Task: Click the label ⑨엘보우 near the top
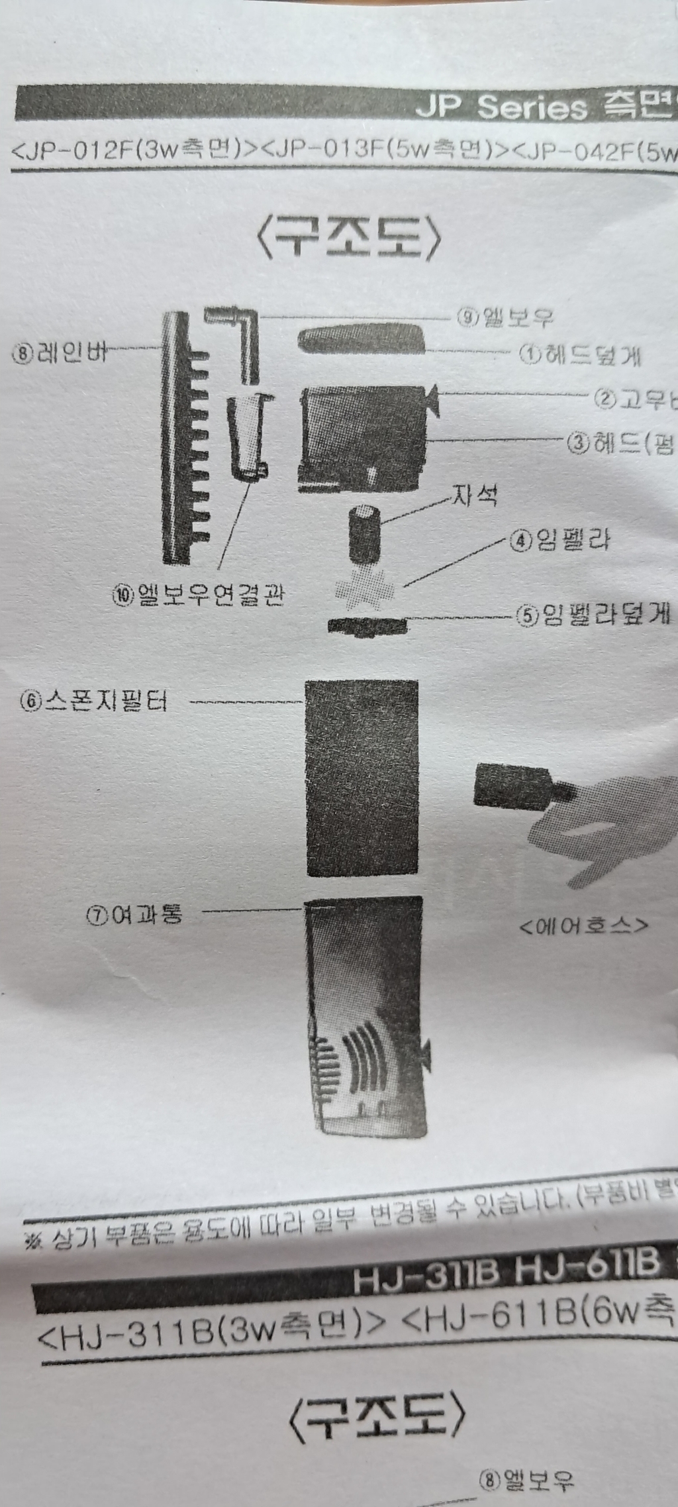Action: (505, 319)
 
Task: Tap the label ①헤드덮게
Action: (580, 356)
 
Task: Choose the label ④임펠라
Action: (560, 541)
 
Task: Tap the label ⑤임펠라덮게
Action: (593, 615)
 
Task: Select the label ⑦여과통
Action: (134, 915)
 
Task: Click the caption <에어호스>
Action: (583, 925)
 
